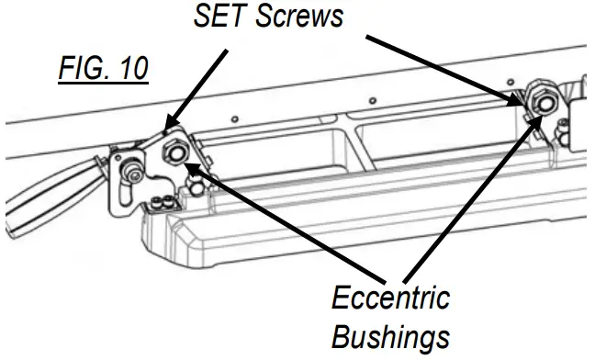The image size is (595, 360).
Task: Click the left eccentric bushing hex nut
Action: [174, 152]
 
